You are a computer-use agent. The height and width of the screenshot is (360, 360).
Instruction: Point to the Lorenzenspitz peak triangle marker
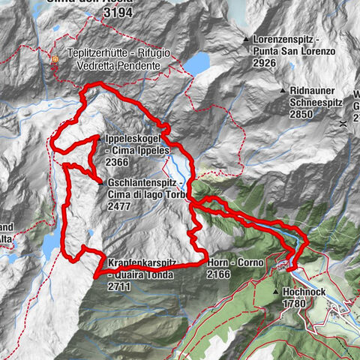click(x=246, y=38)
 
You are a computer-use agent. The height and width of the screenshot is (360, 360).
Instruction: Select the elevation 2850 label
click(x=306, y=113)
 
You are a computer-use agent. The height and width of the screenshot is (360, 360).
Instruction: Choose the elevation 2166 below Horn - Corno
click(x=222, y=275)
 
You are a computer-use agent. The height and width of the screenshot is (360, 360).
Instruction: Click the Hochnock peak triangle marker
click(x=276, y=292)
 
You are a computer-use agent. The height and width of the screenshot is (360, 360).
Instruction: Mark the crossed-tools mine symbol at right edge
click(x=341, y=121)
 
